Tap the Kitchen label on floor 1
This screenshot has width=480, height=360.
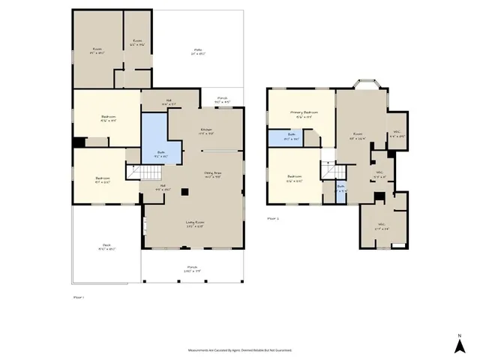pos(205,132)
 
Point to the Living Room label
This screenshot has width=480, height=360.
pos(195,224)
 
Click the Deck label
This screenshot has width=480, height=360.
pos(106,249)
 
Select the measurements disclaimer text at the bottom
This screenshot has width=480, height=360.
pos(239,350)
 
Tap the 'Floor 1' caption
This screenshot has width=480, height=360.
pos(79,298)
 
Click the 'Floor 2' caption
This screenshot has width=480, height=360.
pos(274,218)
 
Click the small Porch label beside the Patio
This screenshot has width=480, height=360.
pos(222,100)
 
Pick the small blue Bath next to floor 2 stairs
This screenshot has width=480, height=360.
pos(340,188)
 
